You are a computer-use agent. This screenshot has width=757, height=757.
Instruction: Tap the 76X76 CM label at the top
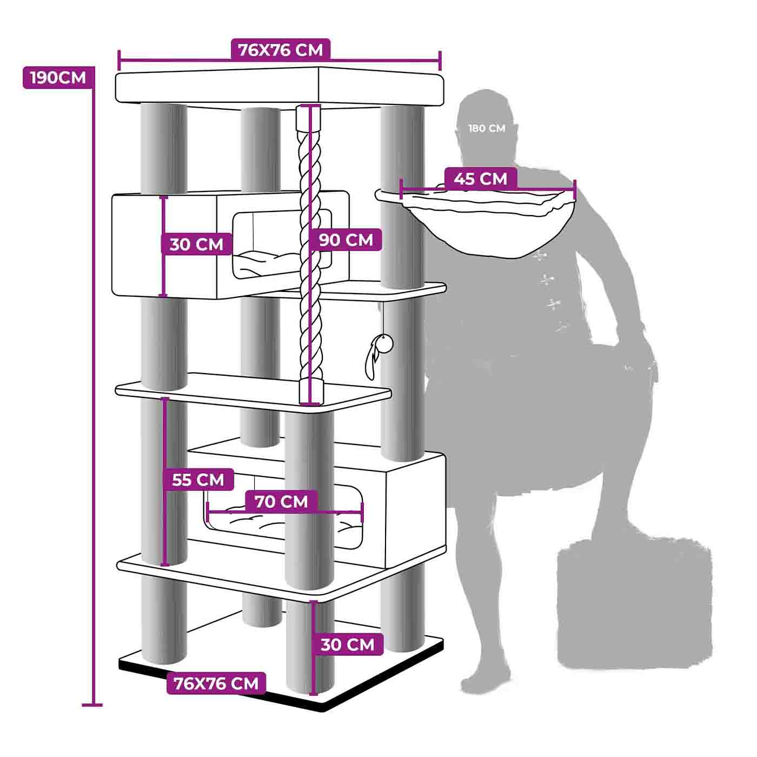tap(281, 50)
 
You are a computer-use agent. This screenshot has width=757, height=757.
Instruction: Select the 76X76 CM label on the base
tap(216, 683)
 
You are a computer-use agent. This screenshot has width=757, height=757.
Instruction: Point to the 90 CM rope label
tap(346, 240)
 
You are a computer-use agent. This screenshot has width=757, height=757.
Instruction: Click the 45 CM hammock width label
tap(480, 178)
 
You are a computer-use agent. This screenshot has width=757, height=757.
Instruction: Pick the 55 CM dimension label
tap(198, 480)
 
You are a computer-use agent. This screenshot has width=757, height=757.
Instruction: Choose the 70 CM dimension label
tap(281, 501)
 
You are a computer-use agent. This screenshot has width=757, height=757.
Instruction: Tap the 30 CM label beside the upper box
tap(196, 244)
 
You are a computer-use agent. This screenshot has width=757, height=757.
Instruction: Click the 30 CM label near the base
tap(347, 645)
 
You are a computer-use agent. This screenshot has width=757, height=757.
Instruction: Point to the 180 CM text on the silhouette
tap(487, 129)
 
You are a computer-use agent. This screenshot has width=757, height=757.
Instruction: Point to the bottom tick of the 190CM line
tap(92, 705)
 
